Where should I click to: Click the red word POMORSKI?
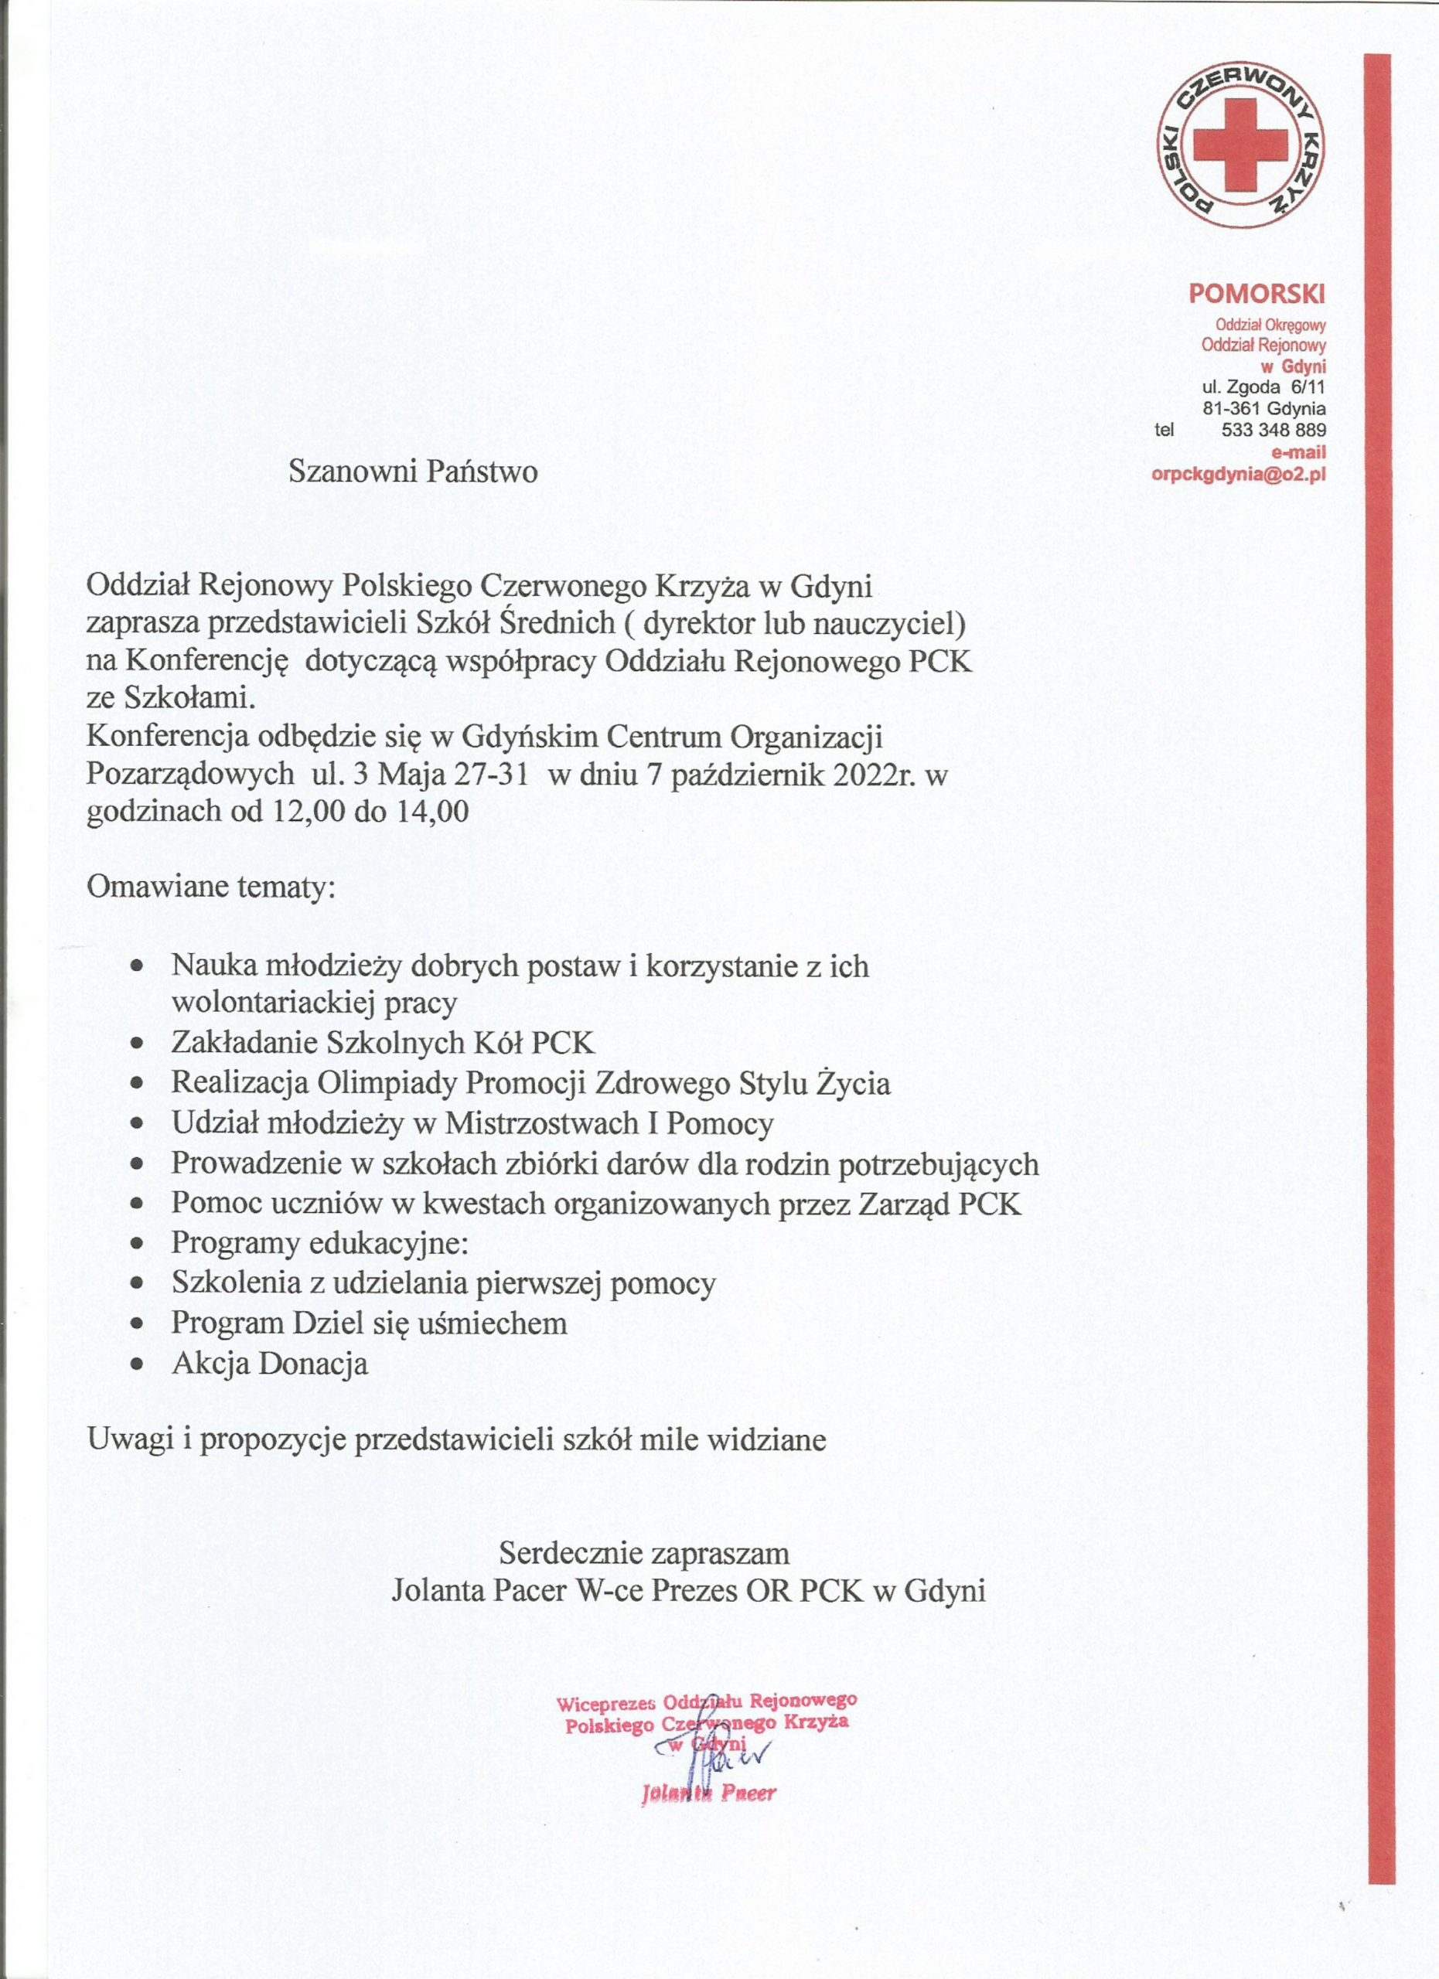[x=1257, y=293]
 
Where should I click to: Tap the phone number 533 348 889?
[x=1274, y=430]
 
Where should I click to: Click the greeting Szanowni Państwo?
[x=413, y=472]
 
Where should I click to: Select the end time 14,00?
[x=432, y=812]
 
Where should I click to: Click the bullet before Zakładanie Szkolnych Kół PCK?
[x=136, y=1044]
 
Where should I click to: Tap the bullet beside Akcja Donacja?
[x=136, y=1363]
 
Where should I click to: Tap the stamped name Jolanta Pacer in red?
[x=708, y=1793]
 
